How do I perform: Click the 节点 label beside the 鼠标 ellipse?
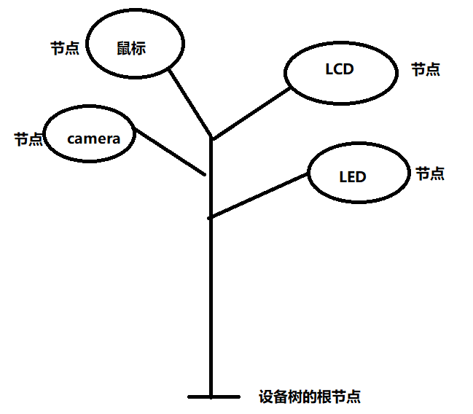65,48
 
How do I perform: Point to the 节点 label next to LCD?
426,70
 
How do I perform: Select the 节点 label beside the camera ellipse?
28,139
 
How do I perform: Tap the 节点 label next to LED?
430,173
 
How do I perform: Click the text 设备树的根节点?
310,397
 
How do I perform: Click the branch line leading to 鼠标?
189,102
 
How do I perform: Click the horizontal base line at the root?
213,397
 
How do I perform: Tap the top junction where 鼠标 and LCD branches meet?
211,138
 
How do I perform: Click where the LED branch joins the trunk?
211,217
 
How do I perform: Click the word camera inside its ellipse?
93,138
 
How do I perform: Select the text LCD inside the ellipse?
339,70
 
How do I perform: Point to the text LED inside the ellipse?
353,176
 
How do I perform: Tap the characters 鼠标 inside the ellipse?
131,48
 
